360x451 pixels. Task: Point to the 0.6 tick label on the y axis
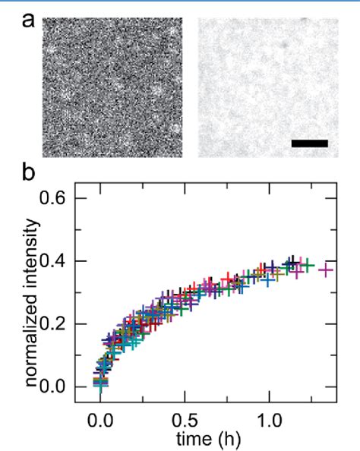point(63,198)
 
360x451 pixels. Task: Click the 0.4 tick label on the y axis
point(63,261)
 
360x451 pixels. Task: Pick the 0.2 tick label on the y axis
point(63,324)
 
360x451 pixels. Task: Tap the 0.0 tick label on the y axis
point(63,387)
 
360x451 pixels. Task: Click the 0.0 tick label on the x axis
point(99,419)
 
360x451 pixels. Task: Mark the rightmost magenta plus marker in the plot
point(326,270)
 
